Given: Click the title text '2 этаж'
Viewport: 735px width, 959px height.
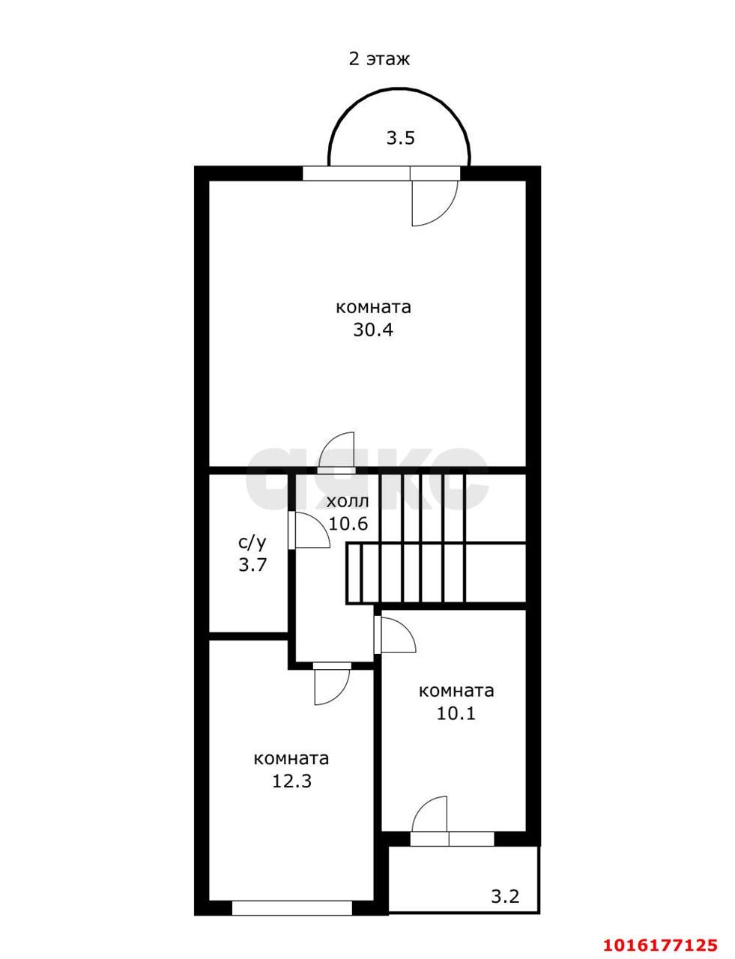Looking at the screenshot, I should pyautogui.click(x=379, y=59).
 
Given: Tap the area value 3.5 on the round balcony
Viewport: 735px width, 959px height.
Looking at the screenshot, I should pyautogui.click(x=400, y=138).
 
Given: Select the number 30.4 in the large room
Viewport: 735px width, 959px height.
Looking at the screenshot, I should pyautogui.click(x=373, y=330).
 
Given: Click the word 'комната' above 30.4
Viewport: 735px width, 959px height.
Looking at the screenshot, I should pyautogui.click(x=373, y=307).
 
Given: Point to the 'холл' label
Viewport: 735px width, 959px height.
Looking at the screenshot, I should pyautogui.click(x=348, y=501).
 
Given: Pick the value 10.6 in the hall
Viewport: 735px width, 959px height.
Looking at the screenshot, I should pyautogui.click(x=348, y=524).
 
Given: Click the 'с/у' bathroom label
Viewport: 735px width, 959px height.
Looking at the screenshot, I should pyautogui.click(x=252, y=542).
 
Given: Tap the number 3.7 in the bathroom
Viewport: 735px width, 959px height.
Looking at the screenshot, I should pyautogui.click(x=252, y=565).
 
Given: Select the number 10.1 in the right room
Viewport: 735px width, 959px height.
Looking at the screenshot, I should pyautogui.click(x=456, y=713).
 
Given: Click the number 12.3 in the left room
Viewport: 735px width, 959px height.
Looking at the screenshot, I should pyautogui.click(x=291, y=781).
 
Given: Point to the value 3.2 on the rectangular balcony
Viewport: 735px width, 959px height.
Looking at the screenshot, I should pyautogui.click(x=505, y=895).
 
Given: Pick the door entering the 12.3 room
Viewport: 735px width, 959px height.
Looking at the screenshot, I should pyautogui.click(x=330, y=685).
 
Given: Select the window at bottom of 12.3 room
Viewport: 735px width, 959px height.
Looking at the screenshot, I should pyautogui.click(x=291, y=908).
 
